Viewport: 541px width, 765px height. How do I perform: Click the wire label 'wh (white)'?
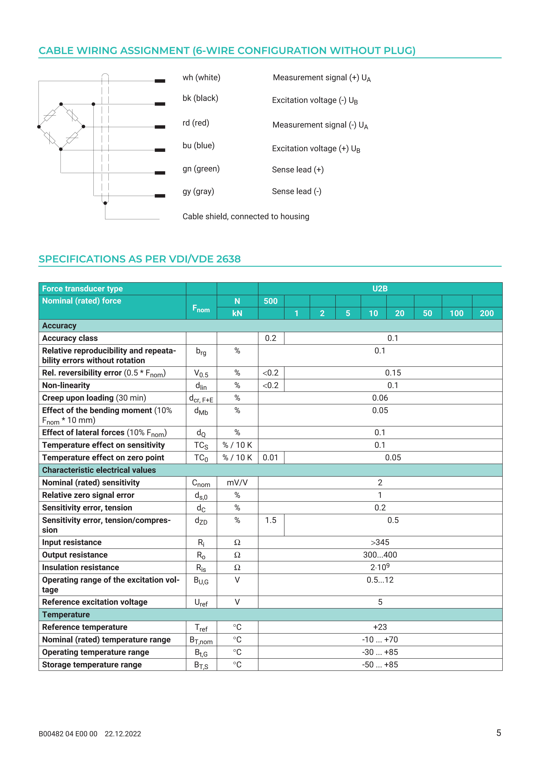(201, 78)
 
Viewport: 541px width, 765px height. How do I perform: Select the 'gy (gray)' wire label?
(198, 192)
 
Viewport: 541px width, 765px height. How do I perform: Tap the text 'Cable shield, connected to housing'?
(245, 217)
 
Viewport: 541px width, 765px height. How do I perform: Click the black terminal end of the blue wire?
(160, 150)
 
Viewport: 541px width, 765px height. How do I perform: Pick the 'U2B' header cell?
(380, 289)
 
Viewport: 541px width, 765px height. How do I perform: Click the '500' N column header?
(270, 301)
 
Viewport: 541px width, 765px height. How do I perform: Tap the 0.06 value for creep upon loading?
(380, 398)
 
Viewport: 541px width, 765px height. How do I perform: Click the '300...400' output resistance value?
(380, 555)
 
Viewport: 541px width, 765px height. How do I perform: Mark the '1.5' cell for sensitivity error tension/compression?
(270, 520)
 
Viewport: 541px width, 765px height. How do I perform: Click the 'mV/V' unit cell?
(237, 483)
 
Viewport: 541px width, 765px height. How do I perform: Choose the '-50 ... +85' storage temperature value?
(380, 665)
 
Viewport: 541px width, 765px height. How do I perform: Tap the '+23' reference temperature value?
(380, 627)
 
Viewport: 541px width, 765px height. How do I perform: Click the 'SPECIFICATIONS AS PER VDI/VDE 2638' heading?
(140, 259)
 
